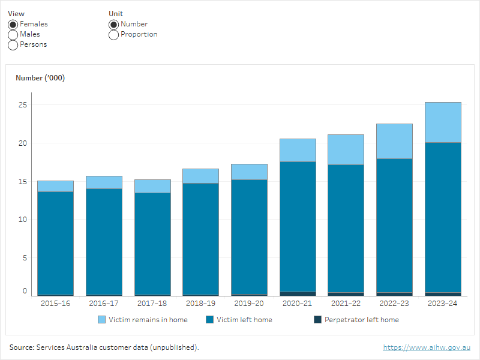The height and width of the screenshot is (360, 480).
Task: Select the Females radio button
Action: pos(13,25)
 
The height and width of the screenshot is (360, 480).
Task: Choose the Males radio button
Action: pos(13,35)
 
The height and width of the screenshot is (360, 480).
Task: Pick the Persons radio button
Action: pos(13,45)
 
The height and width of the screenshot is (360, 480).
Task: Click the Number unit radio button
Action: pos(113,25)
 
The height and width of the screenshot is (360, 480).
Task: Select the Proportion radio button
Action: pos(113,35)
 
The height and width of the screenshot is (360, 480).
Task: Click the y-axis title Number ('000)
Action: pos(40,78)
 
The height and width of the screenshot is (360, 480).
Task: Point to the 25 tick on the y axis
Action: pos(23,105)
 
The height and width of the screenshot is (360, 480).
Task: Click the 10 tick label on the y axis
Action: pos(23,220)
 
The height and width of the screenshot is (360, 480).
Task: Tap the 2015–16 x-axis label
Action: pos(55,304)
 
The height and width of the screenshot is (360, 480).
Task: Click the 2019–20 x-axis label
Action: pos(249,304)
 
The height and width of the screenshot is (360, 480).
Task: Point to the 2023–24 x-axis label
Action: pos(443,304)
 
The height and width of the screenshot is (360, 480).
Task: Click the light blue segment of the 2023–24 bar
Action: pos(443,122)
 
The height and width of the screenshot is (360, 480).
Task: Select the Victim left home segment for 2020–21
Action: pos(298,226)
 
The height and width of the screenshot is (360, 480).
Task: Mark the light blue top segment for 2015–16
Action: pos(55,186)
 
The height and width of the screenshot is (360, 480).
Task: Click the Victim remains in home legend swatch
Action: pos(101,320)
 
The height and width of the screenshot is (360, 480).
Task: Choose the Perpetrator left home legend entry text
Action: pos(361,320)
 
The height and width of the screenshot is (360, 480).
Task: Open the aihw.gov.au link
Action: pos(427,347)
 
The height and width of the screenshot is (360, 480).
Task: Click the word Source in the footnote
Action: pos(22,347)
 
